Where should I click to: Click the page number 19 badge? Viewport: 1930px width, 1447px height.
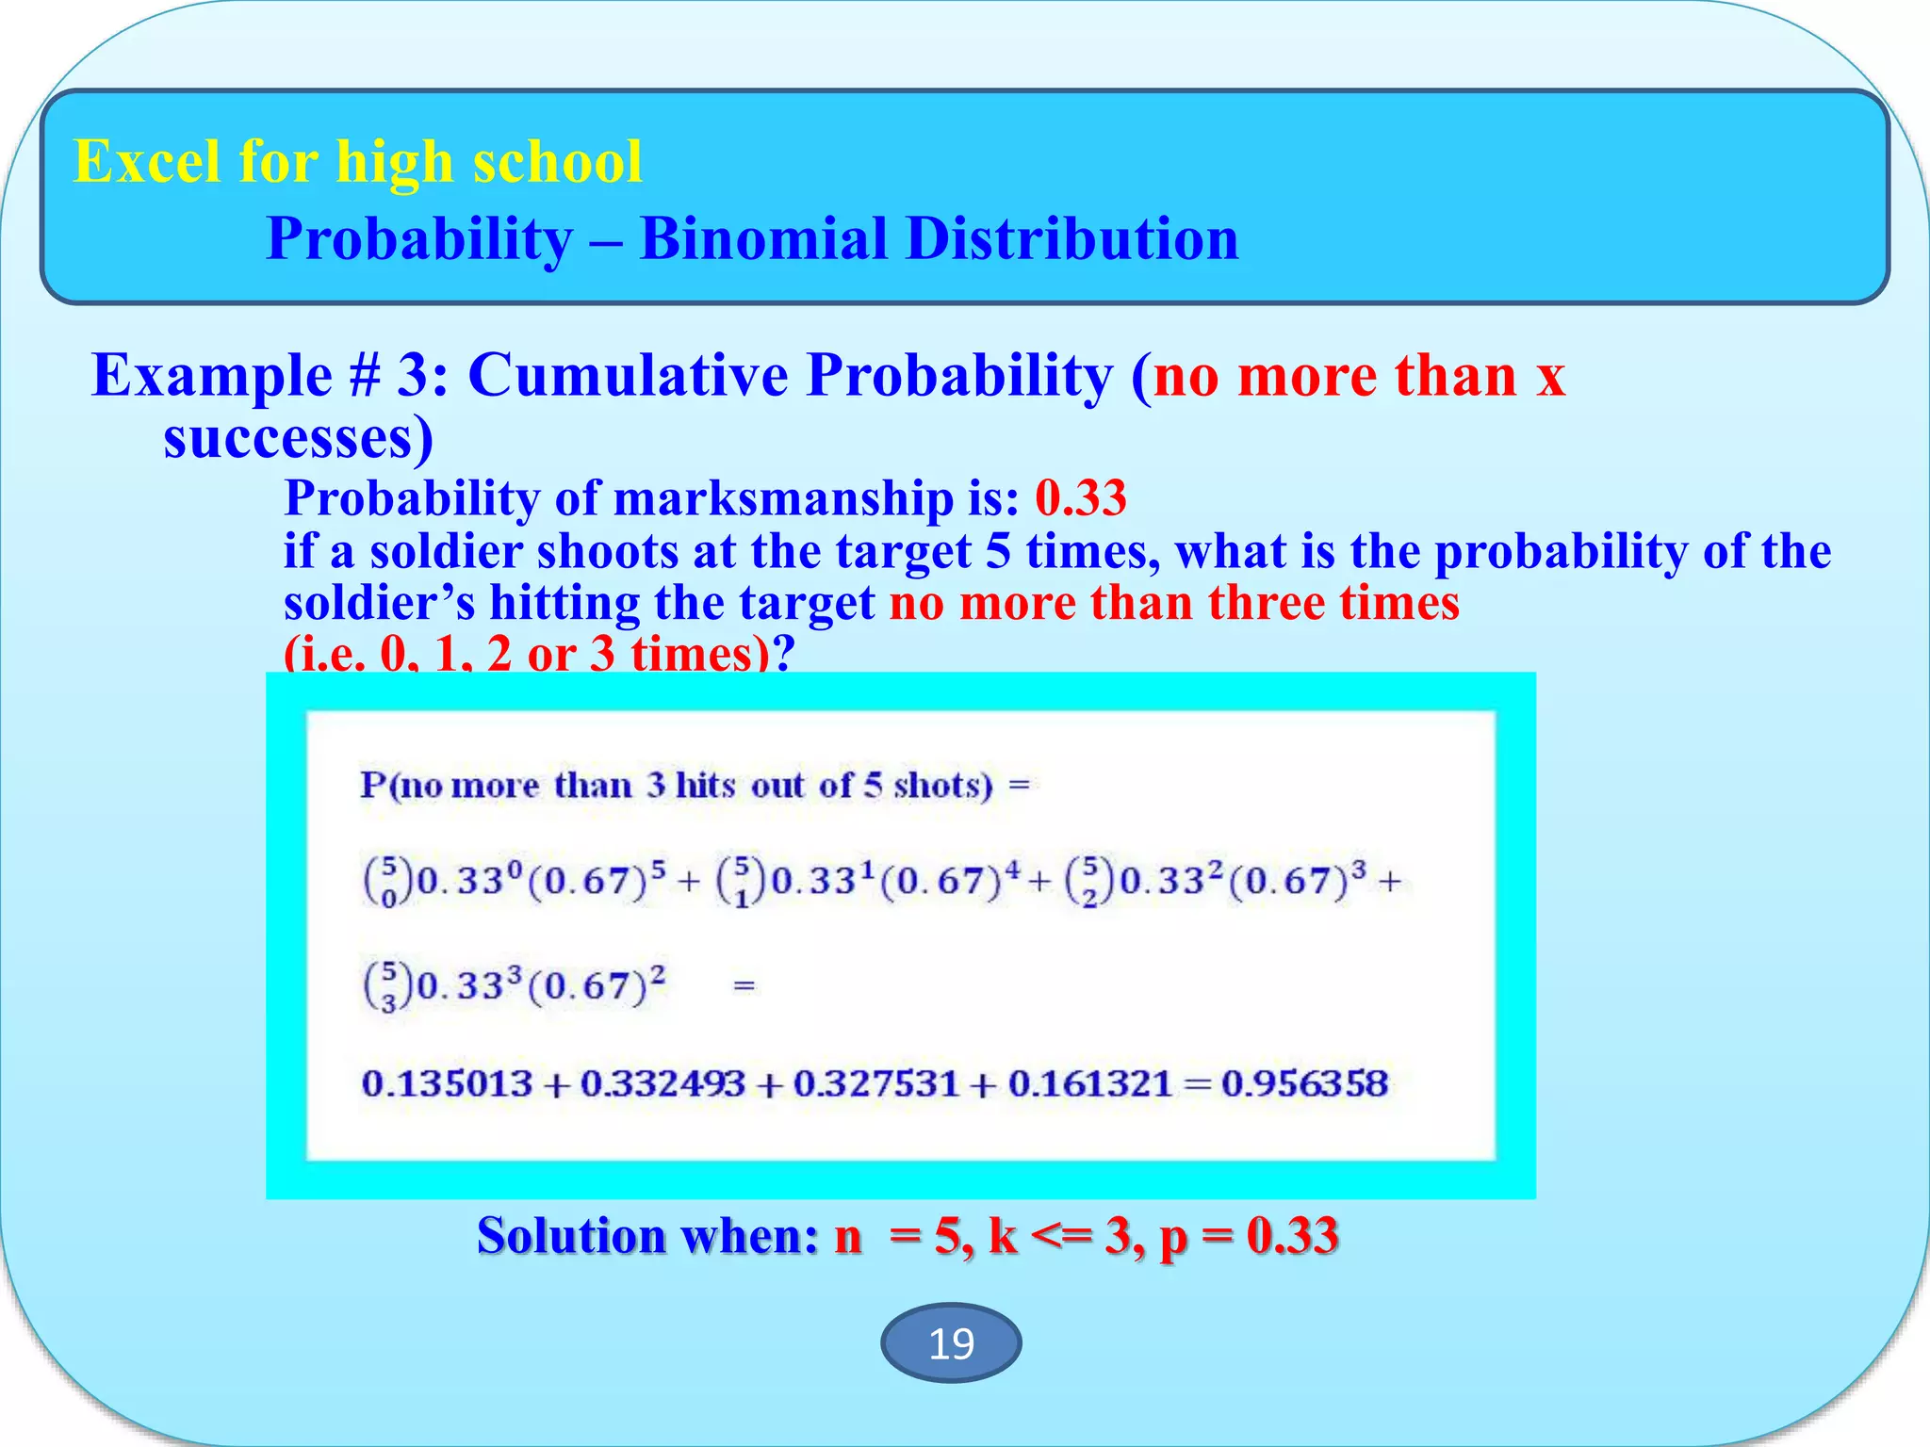950,1342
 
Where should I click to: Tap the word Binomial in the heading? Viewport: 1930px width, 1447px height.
762,238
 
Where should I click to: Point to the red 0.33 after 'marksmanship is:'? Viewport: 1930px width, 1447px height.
1080,497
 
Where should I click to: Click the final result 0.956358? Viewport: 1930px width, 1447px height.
1304,1083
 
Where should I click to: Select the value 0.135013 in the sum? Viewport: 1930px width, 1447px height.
447,1083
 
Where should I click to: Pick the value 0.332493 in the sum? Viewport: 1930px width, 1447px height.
662,1083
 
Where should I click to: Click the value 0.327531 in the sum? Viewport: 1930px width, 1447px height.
875,1083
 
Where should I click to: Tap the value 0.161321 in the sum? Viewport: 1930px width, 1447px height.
1089,1083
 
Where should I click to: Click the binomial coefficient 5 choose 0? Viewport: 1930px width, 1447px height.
387,882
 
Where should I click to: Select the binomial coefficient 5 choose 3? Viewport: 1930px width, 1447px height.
387,986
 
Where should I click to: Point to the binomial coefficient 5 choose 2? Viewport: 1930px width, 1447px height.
1089,882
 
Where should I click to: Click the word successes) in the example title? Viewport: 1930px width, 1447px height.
298,438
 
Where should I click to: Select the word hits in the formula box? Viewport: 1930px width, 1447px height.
705,785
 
